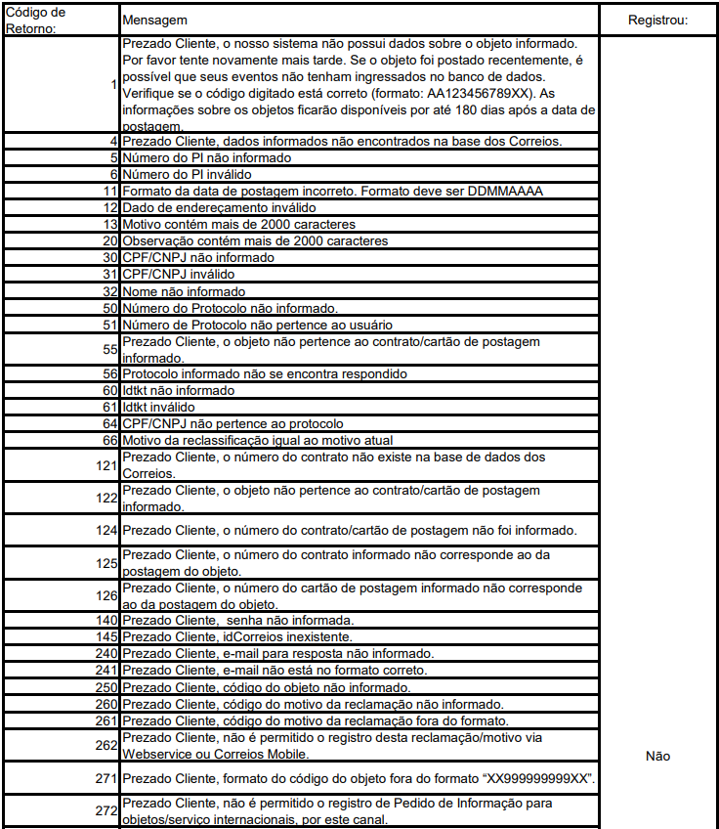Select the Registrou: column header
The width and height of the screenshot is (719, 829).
coord(657,20)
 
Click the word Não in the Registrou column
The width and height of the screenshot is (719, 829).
coord(657,756)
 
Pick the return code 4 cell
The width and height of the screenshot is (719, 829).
coord(113,142)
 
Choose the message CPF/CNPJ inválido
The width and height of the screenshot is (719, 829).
coord(180,275)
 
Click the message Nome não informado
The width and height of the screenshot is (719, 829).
coord(184,291)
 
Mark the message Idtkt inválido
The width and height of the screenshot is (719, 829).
coord(158,407)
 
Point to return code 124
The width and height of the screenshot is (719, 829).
coord(106,531)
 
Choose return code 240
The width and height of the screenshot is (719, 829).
coord(106,653)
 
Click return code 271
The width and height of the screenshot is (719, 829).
coord(106,779)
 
